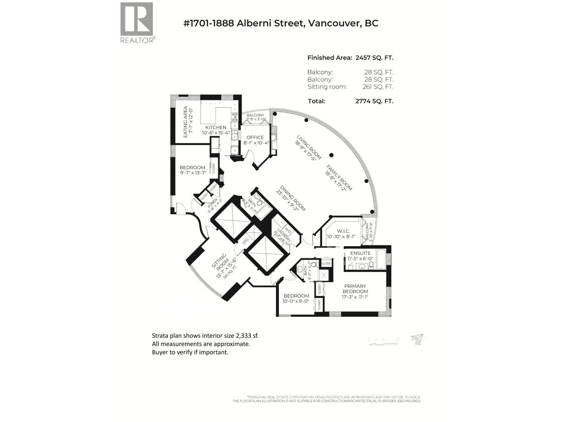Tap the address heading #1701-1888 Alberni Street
(x=281, y=23)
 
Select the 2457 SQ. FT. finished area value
(x=374, y=58)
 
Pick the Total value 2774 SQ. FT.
(x=374, y=101)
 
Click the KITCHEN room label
(x=216, y=127)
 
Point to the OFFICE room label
(x=255, y=138)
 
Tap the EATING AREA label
(x=185, y=122)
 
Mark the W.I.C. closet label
(x=343, y=231)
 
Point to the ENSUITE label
(x=360, y=253)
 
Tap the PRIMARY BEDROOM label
(x=355, y=289)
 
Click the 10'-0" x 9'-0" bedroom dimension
(x=296, y=301)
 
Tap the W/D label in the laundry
(x=288, y=230)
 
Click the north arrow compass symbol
(x=418, y=339)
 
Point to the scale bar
(x=383, y=342)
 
